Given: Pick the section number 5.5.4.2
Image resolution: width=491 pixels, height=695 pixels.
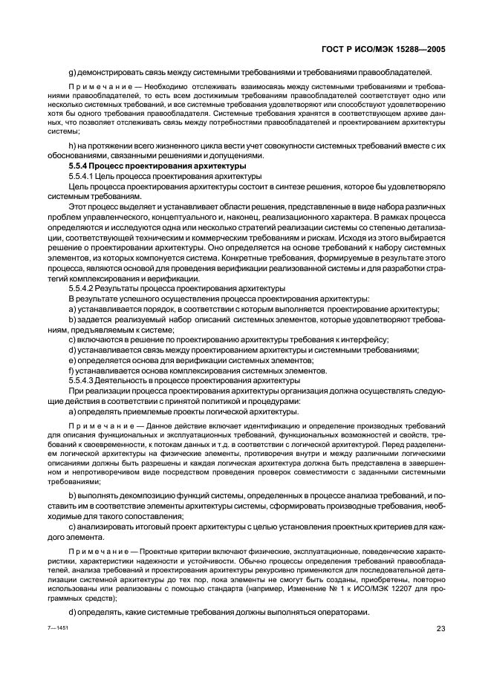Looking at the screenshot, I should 82,287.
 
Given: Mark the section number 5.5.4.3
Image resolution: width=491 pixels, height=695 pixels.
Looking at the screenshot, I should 82,379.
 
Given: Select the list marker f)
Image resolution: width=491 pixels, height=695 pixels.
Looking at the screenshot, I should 71,370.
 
